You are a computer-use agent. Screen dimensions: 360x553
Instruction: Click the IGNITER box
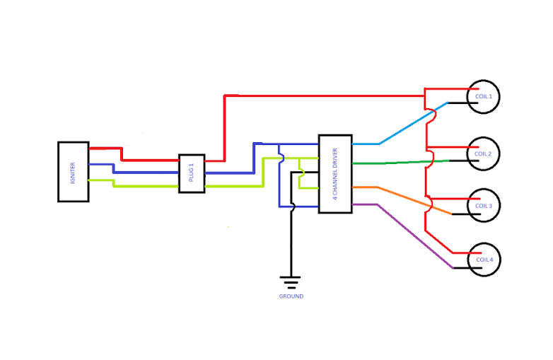click(x=73, y=172)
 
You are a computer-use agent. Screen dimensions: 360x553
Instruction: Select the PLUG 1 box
click(x=191, y=173)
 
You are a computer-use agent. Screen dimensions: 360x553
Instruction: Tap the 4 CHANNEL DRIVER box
click(x=334, y=173)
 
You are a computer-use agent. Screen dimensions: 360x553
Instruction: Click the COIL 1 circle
click(x=484, y=96)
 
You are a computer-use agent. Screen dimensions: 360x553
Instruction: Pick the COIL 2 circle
click(x=484, y=153)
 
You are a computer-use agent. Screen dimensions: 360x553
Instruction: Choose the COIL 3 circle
click(x=484, y=205)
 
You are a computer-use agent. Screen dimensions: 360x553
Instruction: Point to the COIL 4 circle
click(x=484, y=260)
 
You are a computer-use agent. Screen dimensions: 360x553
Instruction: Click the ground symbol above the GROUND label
click(x=291, y=281)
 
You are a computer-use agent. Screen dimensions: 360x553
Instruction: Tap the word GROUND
click(x=291, y=296)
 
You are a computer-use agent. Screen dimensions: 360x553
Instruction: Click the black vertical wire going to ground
click(x=291, y=240)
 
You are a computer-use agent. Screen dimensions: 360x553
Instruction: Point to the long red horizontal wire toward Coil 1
click(x=325, y=95)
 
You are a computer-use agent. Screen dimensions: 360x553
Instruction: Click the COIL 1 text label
click(x=484, y=96)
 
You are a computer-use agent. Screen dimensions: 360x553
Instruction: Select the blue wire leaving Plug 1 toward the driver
click(x=230, y=172)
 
